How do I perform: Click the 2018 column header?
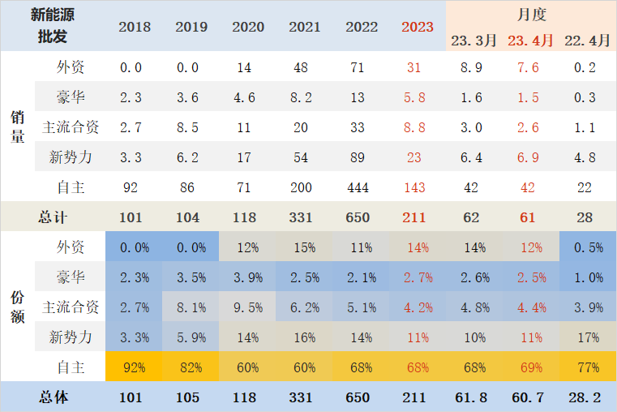tap(135, 27)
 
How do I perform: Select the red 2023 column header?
tap(418, 27)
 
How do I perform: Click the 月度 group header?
tap(531, 14)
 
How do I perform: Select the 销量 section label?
tap(17, 127)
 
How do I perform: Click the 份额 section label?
tap(17, 307)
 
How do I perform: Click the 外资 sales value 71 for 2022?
tap(362, 67)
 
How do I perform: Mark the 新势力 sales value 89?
tap(362, 157)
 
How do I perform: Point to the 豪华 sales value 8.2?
tap(305, 97)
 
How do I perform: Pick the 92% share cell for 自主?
tap(135, 367)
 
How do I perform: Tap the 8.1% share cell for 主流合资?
tap(191, 307)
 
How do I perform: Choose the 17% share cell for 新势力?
tap(587, 337)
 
